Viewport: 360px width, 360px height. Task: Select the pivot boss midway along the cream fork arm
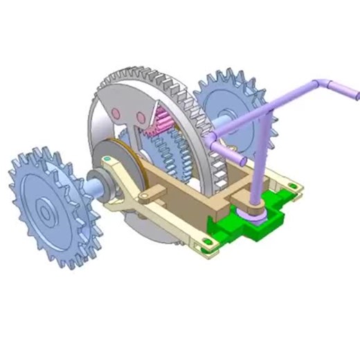(143, 197)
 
